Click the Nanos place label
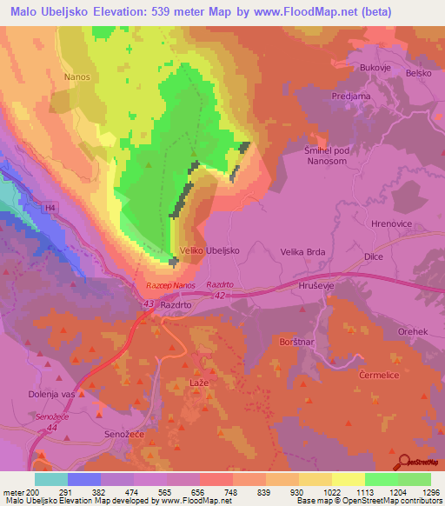tap(76, 77)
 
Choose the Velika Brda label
tap(302, 251)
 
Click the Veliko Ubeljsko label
tap(209, 250)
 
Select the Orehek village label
tap(413, 332)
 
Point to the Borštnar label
tap(298, 344)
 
